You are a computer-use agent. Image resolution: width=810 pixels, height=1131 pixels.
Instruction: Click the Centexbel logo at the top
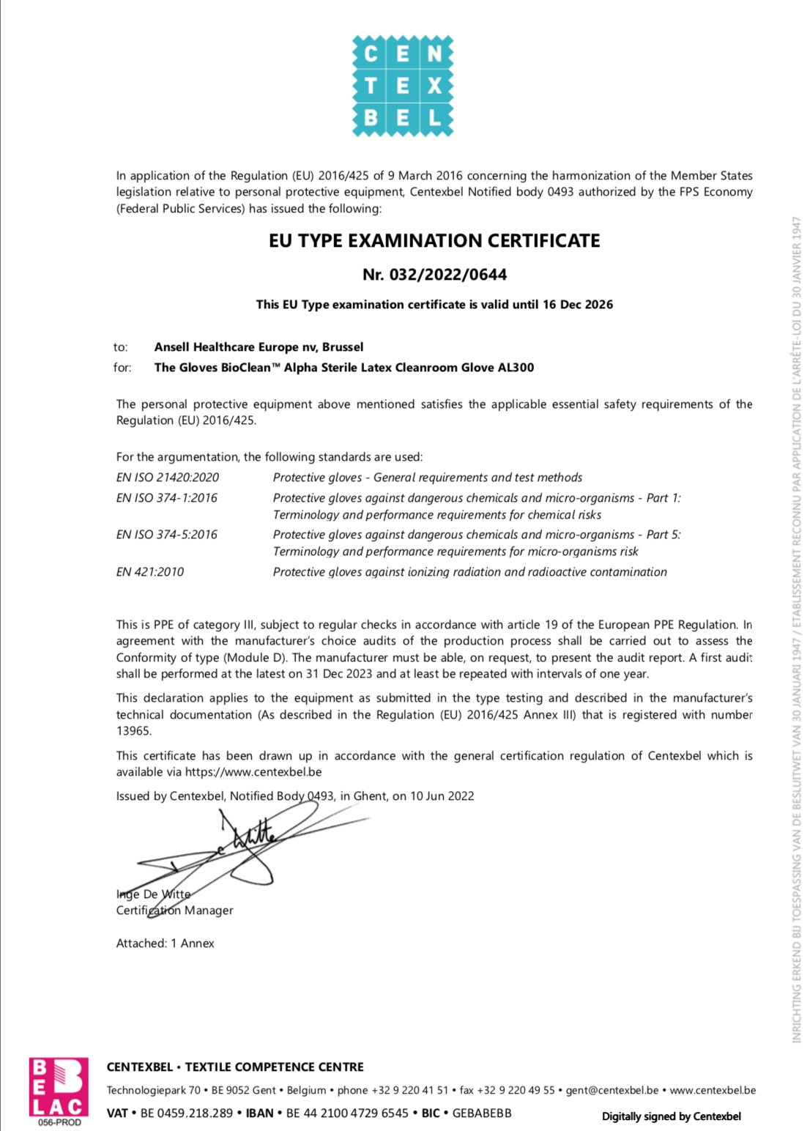(403, 86)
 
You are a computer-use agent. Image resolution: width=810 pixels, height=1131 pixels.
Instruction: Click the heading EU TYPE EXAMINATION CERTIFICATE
(434, 241)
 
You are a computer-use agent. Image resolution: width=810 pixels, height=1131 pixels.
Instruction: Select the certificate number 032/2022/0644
(448, 275)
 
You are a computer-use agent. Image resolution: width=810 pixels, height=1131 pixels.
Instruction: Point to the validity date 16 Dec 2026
(578, 305)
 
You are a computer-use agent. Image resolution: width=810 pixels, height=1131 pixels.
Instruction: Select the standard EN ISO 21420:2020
(168, 478)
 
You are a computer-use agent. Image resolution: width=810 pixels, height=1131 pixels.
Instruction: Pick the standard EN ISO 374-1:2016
(167, 498)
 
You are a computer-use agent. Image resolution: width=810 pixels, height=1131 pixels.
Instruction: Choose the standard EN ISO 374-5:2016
(167, 535)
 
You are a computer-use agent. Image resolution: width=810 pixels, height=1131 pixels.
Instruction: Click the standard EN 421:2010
(150, 572)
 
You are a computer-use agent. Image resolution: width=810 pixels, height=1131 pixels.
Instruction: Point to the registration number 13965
(133, 731)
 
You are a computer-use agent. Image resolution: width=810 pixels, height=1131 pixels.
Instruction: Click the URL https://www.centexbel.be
(253, 772)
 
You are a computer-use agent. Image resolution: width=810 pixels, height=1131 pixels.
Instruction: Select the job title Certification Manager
(174, 911)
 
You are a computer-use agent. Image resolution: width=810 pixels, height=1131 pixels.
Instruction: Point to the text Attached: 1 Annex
(165, 943)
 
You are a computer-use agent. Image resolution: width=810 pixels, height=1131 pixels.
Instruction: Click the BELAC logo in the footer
(59, 1091)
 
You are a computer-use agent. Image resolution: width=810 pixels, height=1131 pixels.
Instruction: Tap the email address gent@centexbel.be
(612, 1090)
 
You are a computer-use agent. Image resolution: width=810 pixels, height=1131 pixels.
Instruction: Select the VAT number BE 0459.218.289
(187, 1113)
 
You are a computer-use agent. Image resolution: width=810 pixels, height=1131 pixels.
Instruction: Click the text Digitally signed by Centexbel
(671, 1116)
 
